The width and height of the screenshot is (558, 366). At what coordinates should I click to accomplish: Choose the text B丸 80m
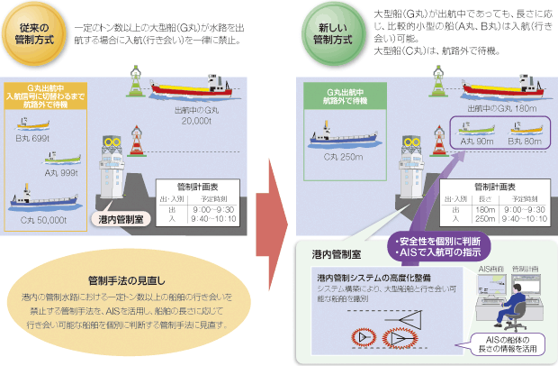[x=520, y=142]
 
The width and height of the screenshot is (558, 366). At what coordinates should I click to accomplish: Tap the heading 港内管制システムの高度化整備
[x=373, y=277]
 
